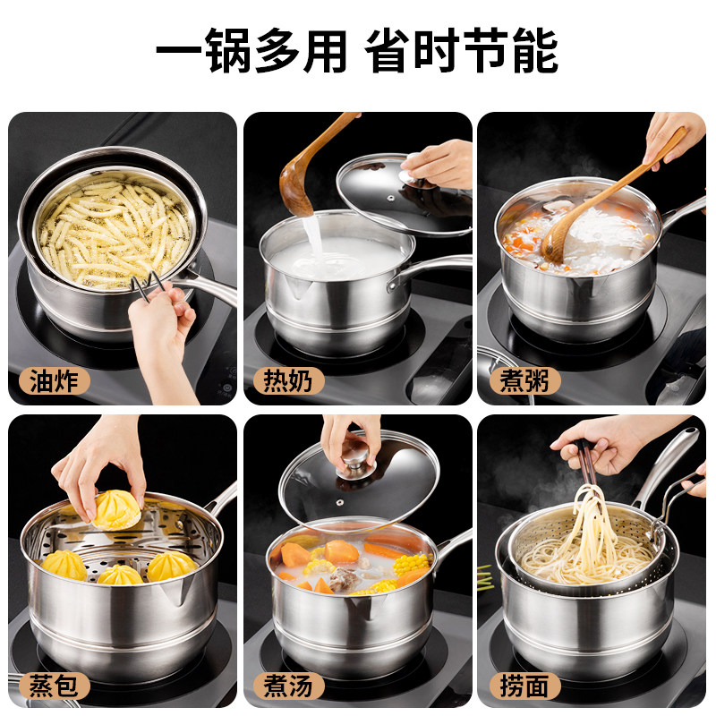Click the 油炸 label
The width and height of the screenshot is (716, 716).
[x=55, y=381]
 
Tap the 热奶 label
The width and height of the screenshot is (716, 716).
[x=288, y=381]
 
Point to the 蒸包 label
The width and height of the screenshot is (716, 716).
[x=55, y=685]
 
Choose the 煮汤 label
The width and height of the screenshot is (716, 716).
[x=288, y=685]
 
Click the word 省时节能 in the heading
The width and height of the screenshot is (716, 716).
[x=462, y=50]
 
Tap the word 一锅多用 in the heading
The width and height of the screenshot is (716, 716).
[x=251, y=50]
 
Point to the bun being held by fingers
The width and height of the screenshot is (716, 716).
[x=117, y=508]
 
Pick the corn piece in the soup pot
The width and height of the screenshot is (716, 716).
[x=410, y=564]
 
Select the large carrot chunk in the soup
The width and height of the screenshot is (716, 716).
[x=295, y=555]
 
